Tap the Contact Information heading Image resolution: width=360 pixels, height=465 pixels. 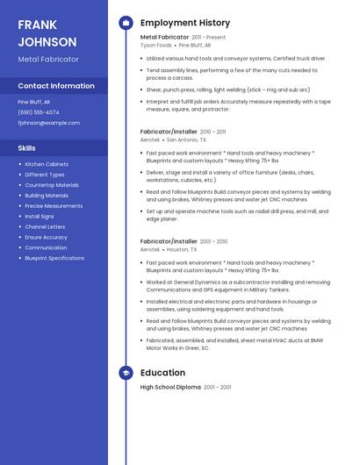pyautogui.click(x=56, y=86)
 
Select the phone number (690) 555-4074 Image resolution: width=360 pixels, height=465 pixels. pyautogui.click(x=39, y=112)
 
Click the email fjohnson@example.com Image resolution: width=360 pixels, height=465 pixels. pyautogui.click(x=48, y=123)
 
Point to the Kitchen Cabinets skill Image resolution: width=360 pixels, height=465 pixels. pyautogui.click(x=47, y=164)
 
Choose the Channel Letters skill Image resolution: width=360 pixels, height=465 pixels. pyautogui.click(x=45, y=226)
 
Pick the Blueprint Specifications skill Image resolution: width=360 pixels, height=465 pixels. pyautogui.click(x=54, y=258)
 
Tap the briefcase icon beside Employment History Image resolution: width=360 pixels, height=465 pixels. pyautogui.click(x=126, y=23)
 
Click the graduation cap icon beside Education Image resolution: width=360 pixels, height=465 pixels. pyautogui.click(x=126, y=373)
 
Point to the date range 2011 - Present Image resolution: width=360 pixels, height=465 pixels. pyautogui.click(x=208, y=38)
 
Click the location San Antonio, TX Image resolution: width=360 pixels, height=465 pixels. pyautogui.click(x=186, y=139)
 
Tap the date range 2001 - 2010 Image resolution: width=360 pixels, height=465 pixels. pyautogui.click(x=214, y=241)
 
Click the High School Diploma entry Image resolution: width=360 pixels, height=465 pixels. pyautogui.click(x=169, y=387)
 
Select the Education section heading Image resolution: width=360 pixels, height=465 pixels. pyautogui.click(x=162, y=373)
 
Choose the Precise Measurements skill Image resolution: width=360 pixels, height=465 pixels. pyautogui.click(x=54, y=205)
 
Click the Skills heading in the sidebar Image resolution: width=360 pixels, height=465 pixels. pyautogui.click(x=27, y=147)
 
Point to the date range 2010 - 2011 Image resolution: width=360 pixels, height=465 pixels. pyautogui.click(x=212, y=132)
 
